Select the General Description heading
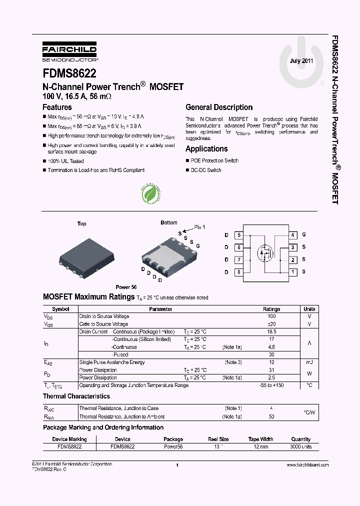pos(218,107)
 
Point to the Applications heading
pos(206,148)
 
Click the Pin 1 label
pos(199,227)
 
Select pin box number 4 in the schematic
pos(293,234)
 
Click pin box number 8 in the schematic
pos(239,272)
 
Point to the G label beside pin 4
pos(303,234)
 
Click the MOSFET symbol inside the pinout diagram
pos(265,252)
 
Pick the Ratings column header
pos(271,309)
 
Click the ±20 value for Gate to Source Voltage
pos(271,324)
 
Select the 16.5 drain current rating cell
pos(271,331)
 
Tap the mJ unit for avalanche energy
pos(309,362)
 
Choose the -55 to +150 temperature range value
pos(271,385)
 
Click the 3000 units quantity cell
pos(300,446)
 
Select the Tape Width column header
pos(260,439)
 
